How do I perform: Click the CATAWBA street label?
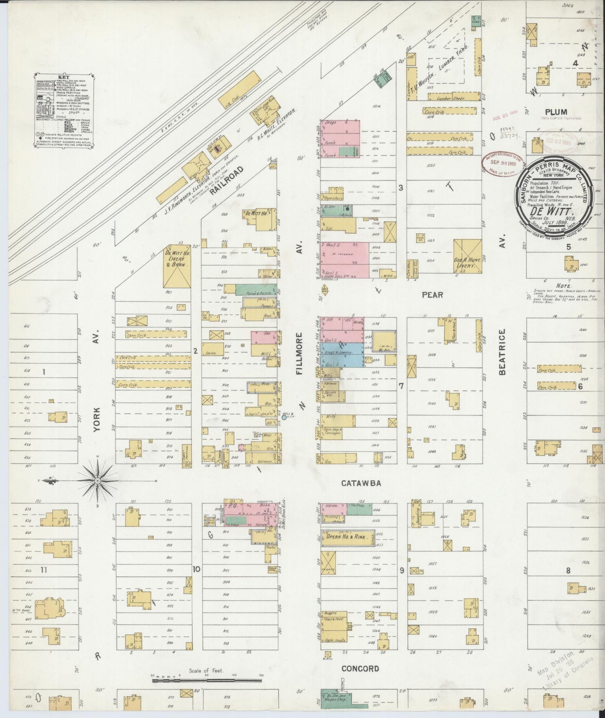click(x=360, y=483)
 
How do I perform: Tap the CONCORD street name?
click(x=360, y=669)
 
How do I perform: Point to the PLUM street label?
click(x=556, y=111)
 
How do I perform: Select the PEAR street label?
click(x=432, y=294)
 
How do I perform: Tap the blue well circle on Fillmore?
click(x=284, y=417)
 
